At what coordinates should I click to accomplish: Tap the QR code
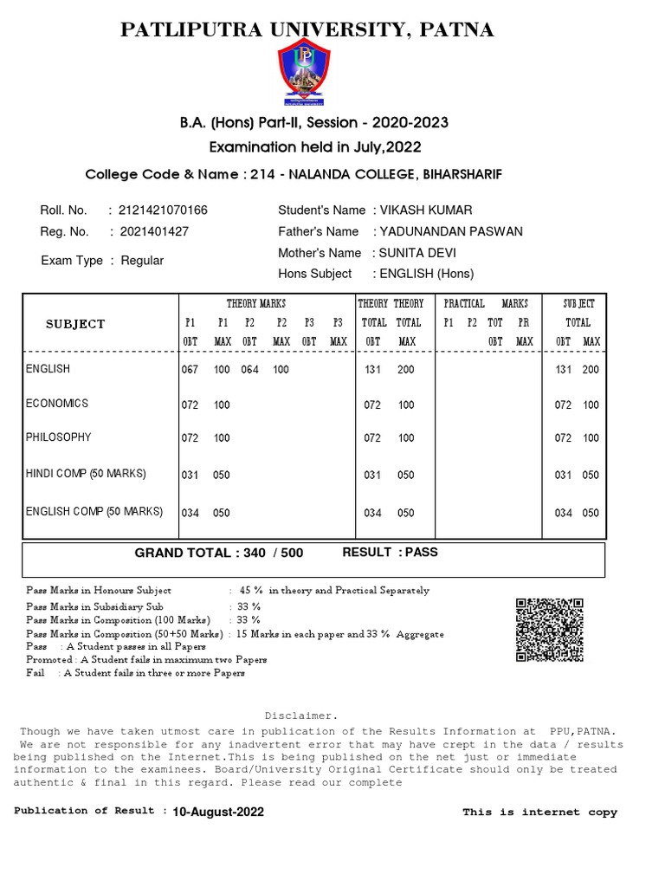pyautogui.click(x=550, y=630)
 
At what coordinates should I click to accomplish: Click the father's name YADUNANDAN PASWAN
pyautogui.click(x=448, y=231)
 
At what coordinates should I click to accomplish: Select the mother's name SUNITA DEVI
pyautogui.click(x=414, y=253)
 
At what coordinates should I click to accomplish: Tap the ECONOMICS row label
pyautogui.click(x=57, y=404)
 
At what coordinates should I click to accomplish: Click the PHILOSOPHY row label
pyautogui.click(x=59, y=437)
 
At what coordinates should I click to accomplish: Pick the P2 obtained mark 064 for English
pyautogui.click(x=250, y=370)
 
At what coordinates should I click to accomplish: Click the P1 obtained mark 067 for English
pyautogui.click(x=190, y=370)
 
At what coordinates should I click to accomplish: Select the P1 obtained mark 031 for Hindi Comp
pyautogui.click(x=190, y=475)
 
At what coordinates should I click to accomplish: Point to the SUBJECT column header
pyautogui.click(x=75, y=324)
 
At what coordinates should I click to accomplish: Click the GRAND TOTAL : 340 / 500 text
pyautogui.click(x=218, y=553)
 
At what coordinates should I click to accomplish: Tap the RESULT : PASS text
pyautogui.click(x=391, y=552)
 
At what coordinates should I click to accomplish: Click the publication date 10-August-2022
pyautogui.click(x=218, y=812)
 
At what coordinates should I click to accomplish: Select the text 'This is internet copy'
pyautogui.click(x=539, y=812)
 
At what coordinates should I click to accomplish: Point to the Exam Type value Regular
pyautogui.click(x=142, y=261)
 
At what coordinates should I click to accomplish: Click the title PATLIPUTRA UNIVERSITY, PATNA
pyautogui.click(x=307, y=30)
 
